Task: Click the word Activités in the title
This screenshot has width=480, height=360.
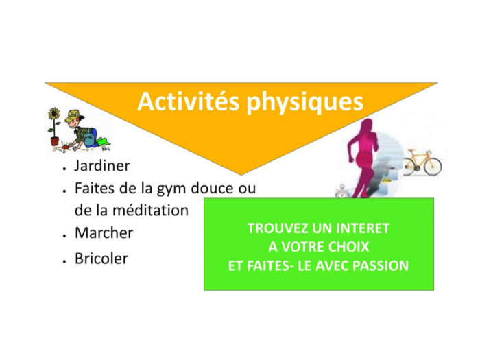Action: (189, 101)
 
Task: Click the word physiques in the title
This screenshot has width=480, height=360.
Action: (305, 103)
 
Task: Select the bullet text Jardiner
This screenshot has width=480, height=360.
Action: (102, 166)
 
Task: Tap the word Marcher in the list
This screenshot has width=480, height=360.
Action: (104, 232)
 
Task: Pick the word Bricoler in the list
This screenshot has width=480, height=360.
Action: (101, 259)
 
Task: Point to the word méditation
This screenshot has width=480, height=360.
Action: (150, 211)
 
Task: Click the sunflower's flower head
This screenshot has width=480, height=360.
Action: (54, 113)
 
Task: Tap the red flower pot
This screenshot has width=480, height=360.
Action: (55, 141)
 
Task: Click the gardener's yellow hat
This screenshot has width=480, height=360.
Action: (73, 117)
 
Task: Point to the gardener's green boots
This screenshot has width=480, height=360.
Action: (103, 143)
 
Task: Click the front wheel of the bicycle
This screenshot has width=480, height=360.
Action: (433, 167)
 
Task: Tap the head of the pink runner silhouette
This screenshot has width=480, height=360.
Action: (366, 125)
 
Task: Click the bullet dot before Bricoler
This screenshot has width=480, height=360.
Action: (64, 261)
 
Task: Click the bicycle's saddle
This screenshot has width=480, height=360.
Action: (411, 151)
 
